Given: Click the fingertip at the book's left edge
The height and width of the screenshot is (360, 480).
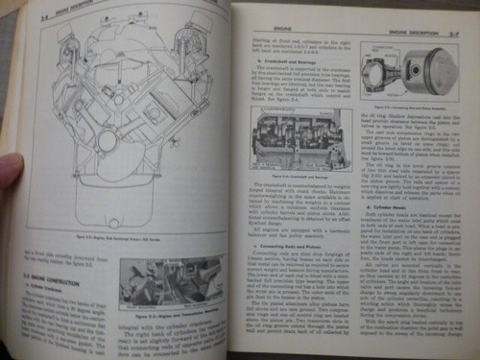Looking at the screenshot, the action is point(8,173).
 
